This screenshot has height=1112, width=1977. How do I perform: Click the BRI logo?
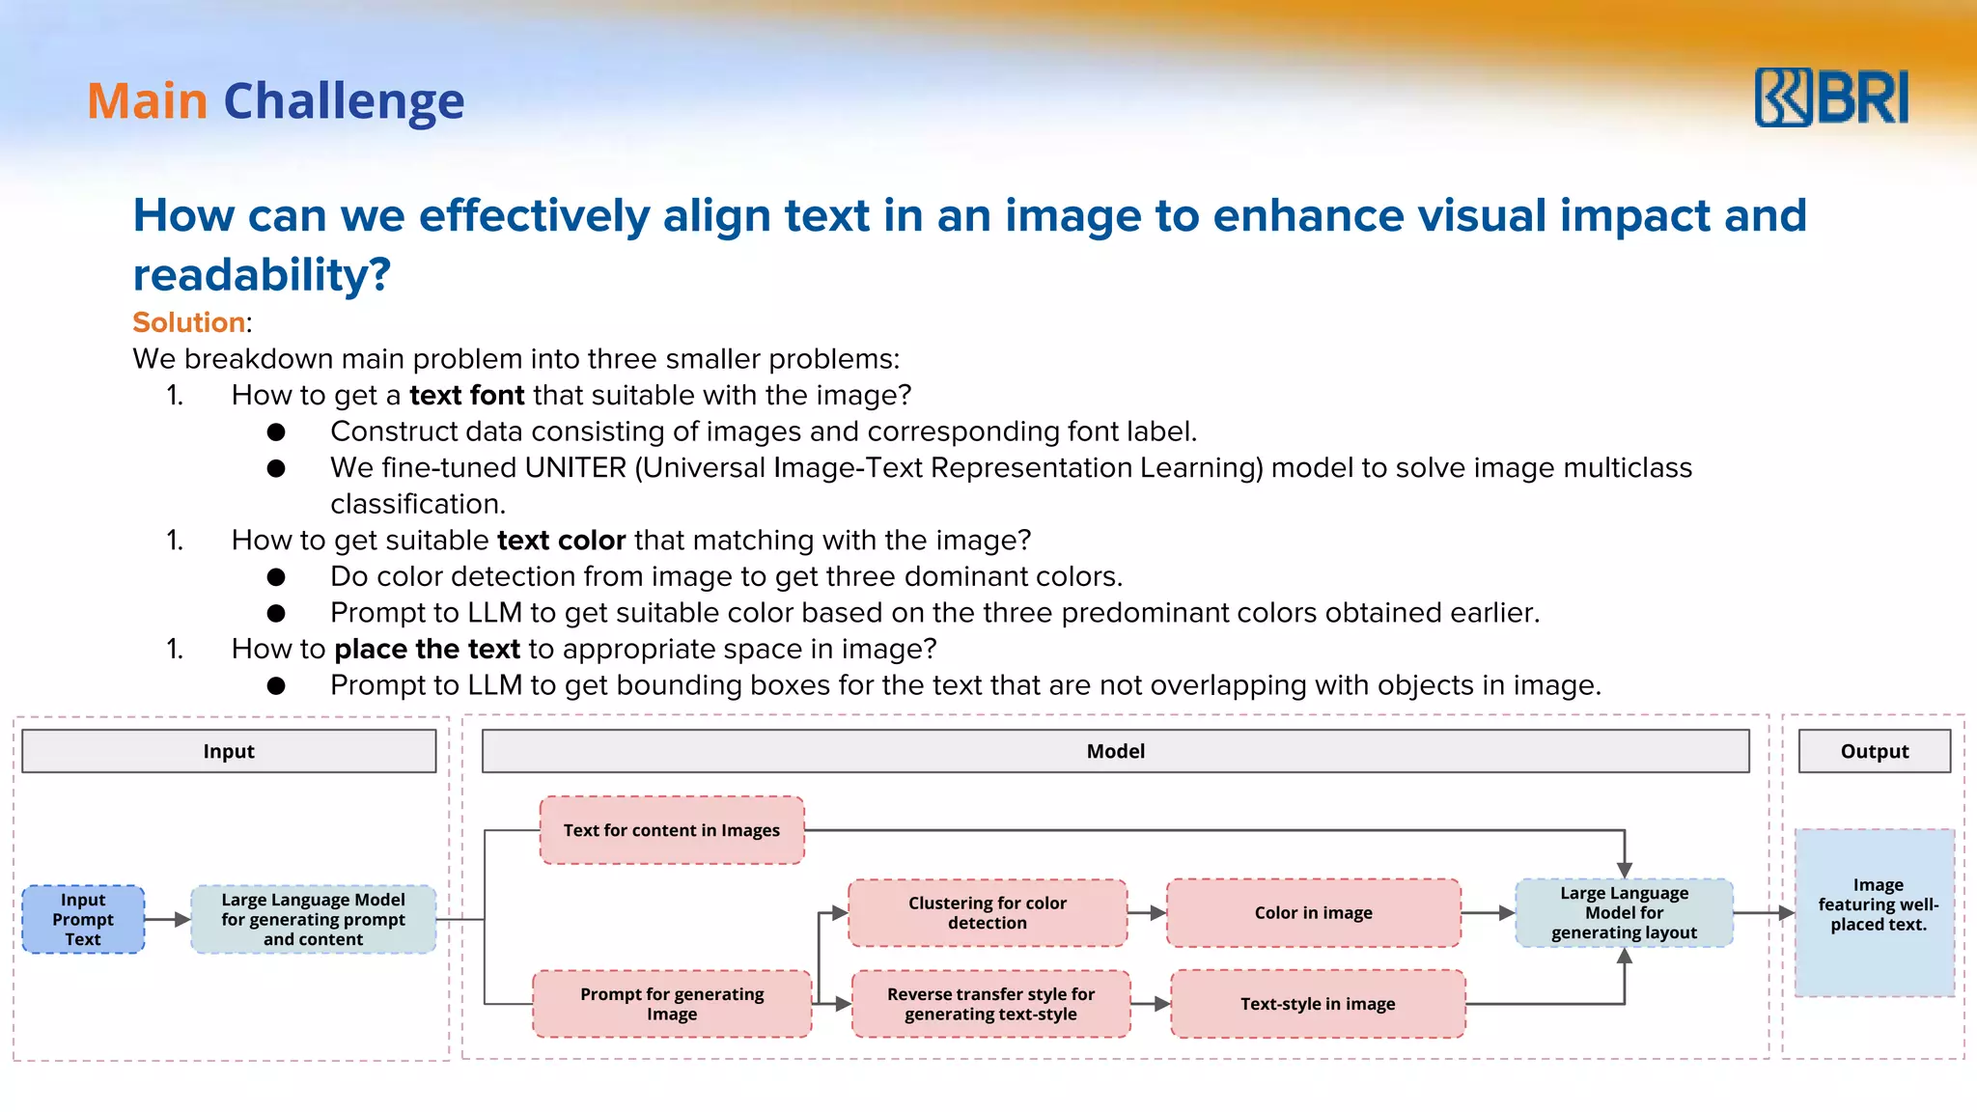coord(1831,97)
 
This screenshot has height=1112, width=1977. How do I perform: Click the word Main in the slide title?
coord(148,101)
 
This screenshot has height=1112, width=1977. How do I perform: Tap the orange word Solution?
coord(188,322)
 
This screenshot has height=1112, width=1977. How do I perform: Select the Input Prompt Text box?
coord(83,920)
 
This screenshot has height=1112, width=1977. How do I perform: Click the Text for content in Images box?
coord(672,830)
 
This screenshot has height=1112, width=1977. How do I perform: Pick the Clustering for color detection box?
coord(987,913)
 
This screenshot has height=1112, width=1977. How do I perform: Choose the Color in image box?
coord(1313,913)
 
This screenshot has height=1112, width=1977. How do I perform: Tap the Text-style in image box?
coord(1318,1004)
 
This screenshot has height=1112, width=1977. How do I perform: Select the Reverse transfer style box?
coord(990,1004)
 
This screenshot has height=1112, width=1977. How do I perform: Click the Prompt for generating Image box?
coord(672,1004)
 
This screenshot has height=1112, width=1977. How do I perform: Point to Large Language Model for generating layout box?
coord(1624,913)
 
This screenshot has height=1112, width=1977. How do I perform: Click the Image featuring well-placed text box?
coord(1875,912)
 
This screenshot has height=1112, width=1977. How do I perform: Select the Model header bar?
coord(1115,751)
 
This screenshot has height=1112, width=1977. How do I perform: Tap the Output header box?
coord(1874,751)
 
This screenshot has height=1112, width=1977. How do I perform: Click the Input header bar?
coord(229,751)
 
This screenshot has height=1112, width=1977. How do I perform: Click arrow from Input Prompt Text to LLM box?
coord(168,920)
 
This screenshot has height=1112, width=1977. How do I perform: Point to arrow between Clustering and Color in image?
coord(1147,913)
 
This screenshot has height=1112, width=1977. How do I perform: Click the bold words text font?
coord(467,396)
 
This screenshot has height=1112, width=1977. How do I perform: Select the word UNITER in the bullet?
coord(575,468)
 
